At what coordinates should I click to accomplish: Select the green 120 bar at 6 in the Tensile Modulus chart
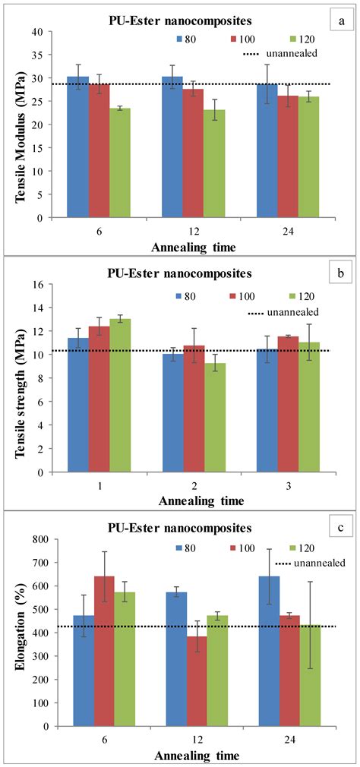pos(118,163)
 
